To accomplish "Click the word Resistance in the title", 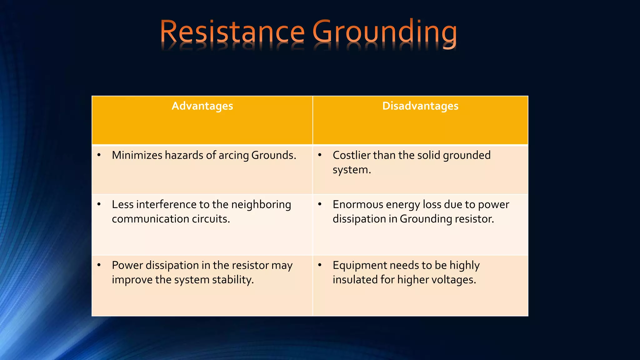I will tap(232, 32).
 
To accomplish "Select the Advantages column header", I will tap(202, 106).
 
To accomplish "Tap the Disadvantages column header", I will tap(420, 106).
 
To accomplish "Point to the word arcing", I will tap(233, 155).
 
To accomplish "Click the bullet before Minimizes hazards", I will tap(99, 155).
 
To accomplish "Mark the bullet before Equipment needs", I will tap(320, 265).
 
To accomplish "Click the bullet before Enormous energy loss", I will tap(320, 204).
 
